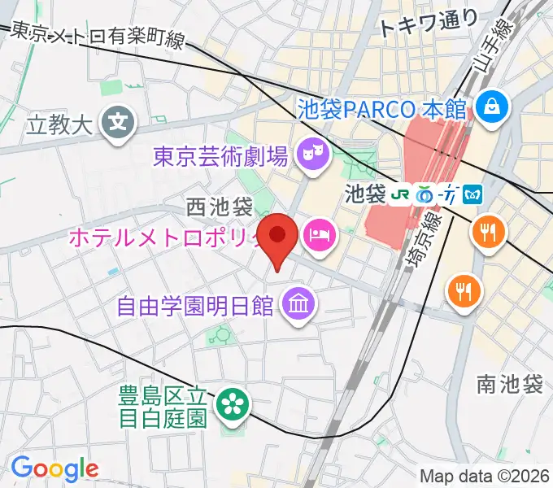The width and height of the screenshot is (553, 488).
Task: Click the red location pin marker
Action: point(279,237)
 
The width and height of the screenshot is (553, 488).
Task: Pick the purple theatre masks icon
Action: point(311,151)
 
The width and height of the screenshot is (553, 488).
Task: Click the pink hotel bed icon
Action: point(318,236)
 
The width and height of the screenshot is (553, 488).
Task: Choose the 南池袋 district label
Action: point(510,384)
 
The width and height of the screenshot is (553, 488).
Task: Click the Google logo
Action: point(54,468)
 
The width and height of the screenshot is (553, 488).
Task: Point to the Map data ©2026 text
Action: point(483,475)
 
